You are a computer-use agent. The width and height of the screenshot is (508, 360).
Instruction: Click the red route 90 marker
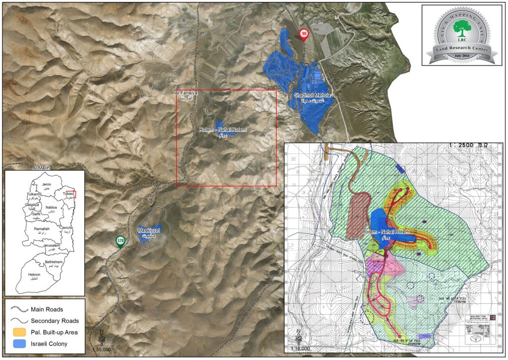point(304,34)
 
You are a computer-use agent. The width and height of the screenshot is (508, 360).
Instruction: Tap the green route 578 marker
point(120,241)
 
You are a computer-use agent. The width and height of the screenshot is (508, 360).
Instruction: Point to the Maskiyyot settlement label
point(148,231)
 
